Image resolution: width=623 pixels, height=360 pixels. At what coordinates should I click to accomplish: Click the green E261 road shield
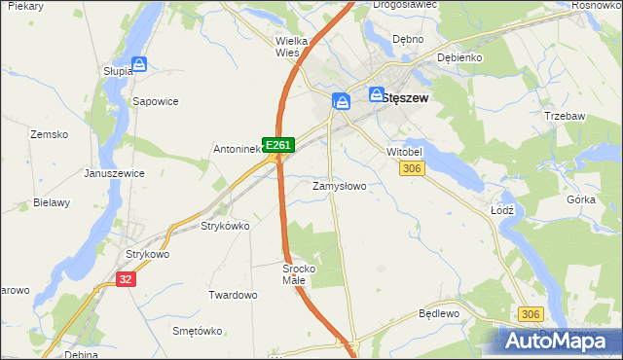(278, 145)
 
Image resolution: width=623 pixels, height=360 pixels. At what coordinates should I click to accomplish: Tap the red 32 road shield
(125, 278)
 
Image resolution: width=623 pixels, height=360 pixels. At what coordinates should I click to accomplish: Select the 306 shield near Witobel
(412, 169)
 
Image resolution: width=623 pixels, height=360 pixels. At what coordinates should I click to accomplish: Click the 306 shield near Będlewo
(531, 314)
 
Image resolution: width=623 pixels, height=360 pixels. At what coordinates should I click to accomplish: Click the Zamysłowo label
(339, 185)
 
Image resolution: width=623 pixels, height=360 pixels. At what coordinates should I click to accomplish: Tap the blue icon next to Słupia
(139, 65)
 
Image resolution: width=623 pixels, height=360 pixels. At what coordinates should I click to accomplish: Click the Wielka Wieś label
(292, 47)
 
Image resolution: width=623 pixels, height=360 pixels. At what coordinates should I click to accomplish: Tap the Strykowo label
(148, 254)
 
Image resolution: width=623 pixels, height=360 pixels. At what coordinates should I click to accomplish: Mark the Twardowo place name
(233, 294)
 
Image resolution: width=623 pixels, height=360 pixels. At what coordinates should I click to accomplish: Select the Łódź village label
(502, 209)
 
